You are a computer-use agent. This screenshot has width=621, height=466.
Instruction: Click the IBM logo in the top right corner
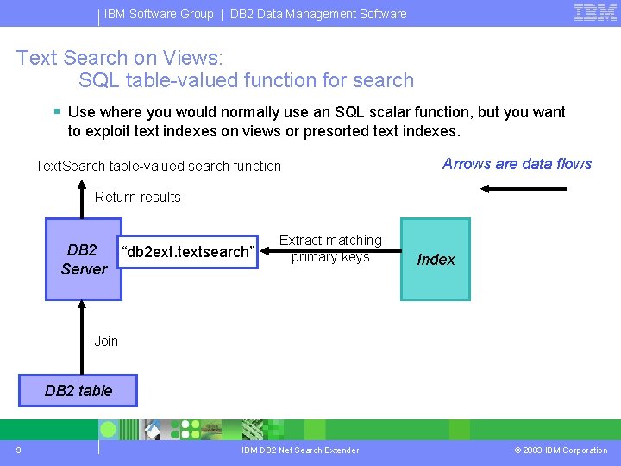(595, 12)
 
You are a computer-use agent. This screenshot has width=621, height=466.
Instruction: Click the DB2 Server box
(84, 259)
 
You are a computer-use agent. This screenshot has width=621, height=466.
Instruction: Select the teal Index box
(436, 259)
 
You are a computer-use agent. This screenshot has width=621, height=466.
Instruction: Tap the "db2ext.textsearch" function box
(190, 252)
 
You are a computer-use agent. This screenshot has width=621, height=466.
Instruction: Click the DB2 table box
(78, 390)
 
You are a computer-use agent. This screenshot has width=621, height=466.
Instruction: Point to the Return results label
(138, 197)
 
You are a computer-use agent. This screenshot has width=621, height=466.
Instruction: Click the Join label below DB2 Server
(106, 341)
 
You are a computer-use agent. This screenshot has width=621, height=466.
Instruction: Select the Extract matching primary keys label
(330, 249)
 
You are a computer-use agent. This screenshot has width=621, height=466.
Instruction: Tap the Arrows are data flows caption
(517, 164)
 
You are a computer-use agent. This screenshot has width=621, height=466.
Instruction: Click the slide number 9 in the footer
(18, 450)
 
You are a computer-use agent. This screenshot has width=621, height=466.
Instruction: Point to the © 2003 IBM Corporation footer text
(561, 450)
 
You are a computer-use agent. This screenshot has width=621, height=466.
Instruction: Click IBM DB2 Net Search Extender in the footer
(300, 450)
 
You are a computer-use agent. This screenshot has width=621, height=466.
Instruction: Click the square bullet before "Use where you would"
(56, 111)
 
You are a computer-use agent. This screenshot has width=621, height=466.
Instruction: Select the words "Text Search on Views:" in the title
(119, 58)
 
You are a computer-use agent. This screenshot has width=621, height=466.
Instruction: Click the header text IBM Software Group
(159, 14)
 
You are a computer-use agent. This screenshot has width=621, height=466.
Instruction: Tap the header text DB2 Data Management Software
(318, 14)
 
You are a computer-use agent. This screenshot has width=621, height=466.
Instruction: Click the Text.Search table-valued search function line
(158, 166)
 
